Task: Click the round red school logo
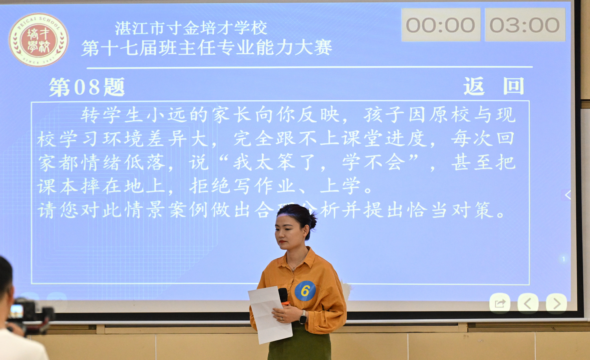click(x=39, y=40)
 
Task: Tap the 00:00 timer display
click(x=441, y=25)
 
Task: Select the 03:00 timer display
click(x=525, y=25)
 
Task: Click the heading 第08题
click(x=87, y=87)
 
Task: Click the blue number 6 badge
click(x=305, y=291)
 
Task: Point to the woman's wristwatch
click(x=303, y=317)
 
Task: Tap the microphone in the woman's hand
click(x=283, y=296)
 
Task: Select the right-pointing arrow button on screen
click(x=556, y=303)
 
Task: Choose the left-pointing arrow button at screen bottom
click(x=527, y=303)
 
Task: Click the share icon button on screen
click(x=500, y=303)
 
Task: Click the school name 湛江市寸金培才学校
click(x=191, y=28)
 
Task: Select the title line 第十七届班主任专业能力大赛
click(x=206, y=48)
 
